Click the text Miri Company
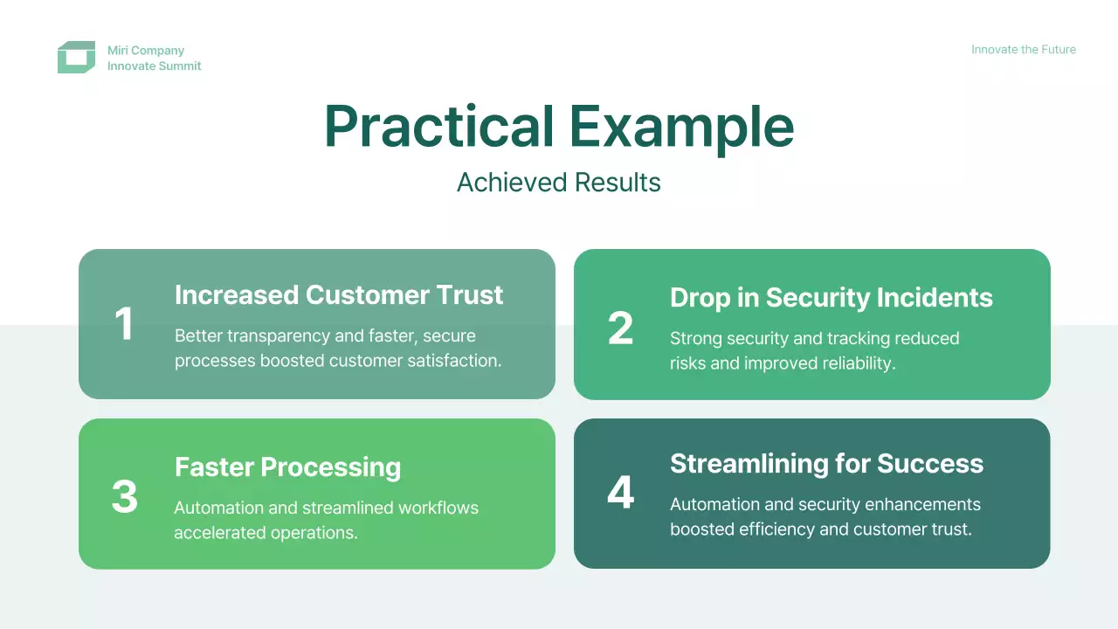146,51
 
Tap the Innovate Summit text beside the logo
155,66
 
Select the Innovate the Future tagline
1023,50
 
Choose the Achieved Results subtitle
558,183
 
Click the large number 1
124,323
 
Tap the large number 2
620,328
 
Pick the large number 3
124,496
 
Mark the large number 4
620,492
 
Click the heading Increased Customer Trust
339,294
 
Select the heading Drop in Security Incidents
831,298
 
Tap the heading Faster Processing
287,467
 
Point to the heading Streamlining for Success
826,464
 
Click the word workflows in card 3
438,508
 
